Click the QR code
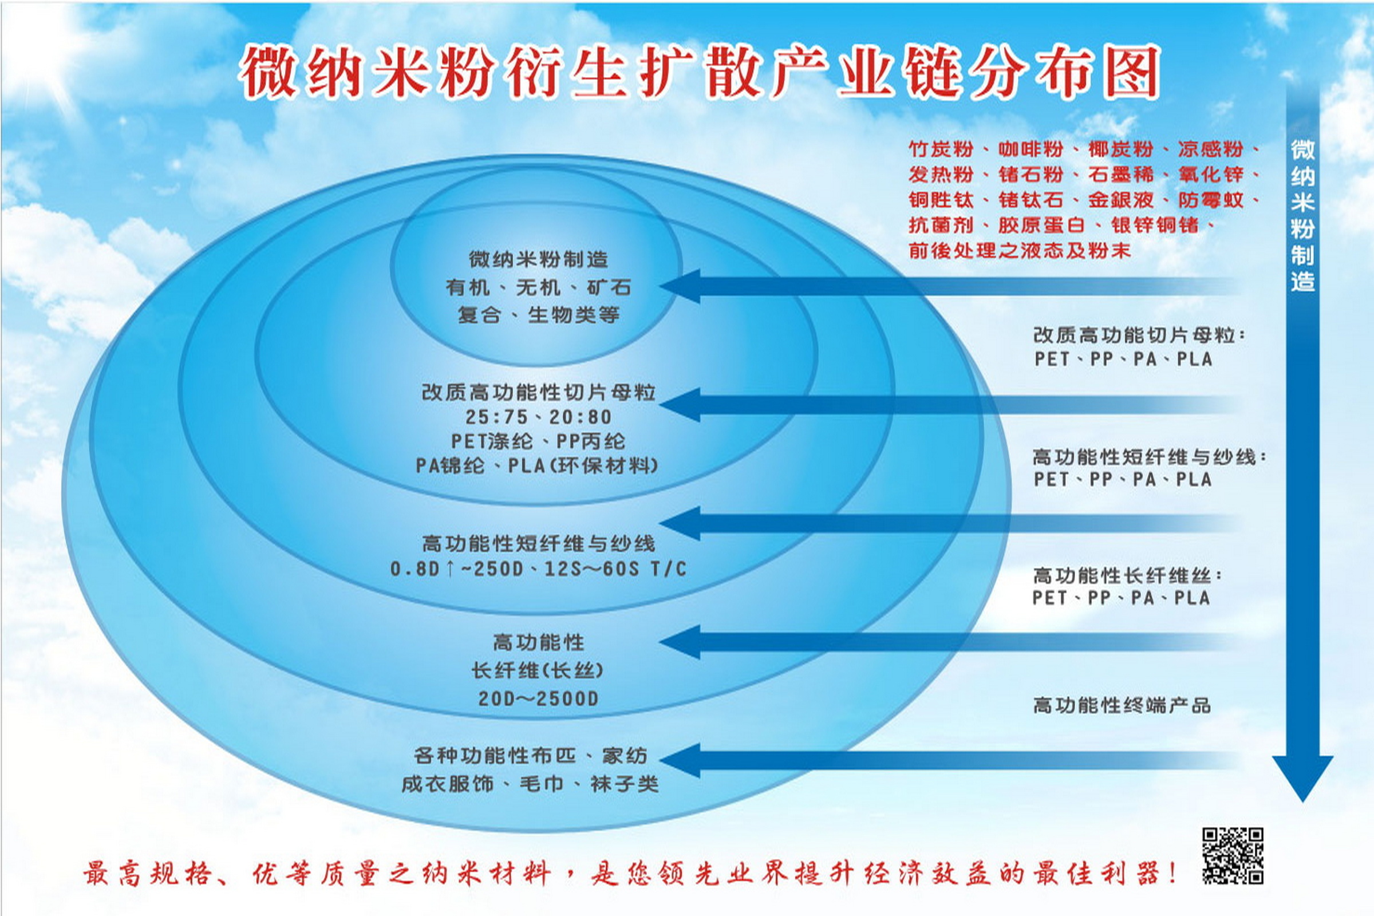click(x=1233, y=856)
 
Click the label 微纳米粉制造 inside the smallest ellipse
click(x=538, y=259)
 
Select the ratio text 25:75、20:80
click(x=538, y=417)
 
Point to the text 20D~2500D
click(x=538, y=698)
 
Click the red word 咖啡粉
click(x=1030, y=149)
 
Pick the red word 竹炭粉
click(x=941, y=149)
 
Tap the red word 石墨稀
click(x=1120, y=174)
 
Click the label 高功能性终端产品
click(x=1122, y=705)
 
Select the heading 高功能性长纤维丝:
click(x=1127, y=576)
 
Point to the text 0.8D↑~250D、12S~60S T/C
click(x=538, y=568)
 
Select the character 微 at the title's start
click(x=267, y=72)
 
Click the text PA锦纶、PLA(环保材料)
click(x=537, y=465)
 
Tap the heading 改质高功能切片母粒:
click(x=1139, y=335)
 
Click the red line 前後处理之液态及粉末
click(x=1020, y=251)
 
